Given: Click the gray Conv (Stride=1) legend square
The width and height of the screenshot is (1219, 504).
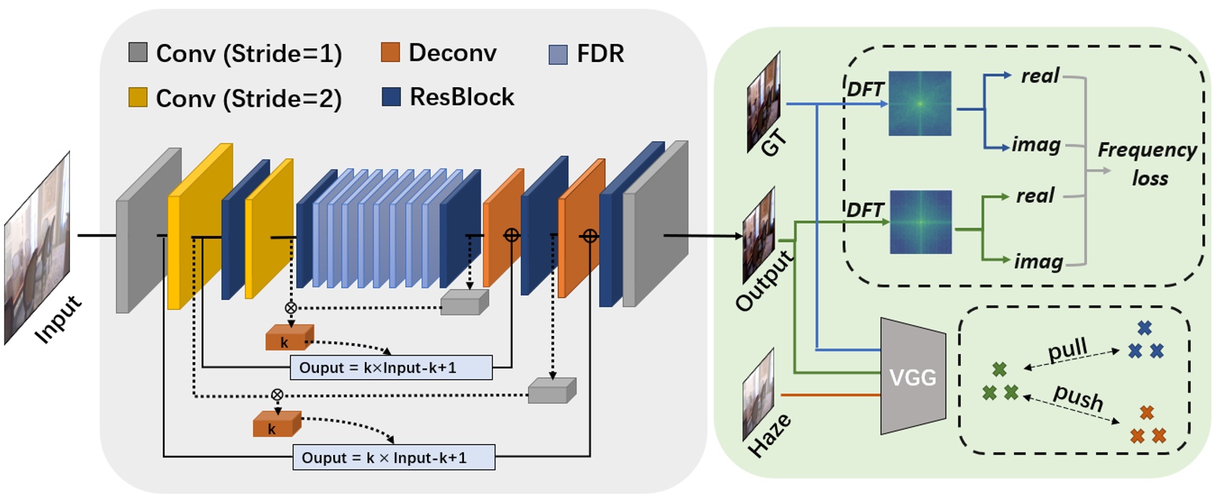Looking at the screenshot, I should (x=138, y=52).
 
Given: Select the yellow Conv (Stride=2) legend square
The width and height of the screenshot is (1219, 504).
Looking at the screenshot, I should (x=138, y=97).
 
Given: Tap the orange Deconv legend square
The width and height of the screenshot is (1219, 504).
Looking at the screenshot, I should (x=390, y=52).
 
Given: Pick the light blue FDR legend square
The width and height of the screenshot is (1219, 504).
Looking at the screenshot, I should (x=558, y=54).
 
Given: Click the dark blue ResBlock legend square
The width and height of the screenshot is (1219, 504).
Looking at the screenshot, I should (x=391, y=97).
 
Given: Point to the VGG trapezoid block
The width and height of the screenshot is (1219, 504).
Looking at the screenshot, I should (x=912, y=376).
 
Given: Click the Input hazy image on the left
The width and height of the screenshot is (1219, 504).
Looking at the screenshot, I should (x=38, y=247).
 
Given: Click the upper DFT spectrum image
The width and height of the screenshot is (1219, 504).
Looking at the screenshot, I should (x=920, y=103).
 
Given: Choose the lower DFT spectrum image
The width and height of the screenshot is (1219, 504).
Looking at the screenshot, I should (x=920, y=222).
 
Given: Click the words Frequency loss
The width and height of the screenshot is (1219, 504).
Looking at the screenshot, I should (x=1148, y=164).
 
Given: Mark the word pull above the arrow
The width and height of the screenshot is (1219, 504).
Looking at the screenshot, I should (x=1067, y=350).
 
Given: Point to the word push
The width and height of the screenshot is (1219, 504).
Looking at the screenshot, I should (x=1078, y=397).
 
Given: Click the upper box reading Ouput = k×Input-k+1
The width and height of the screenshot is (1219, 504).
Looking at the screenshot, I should (x=391, y=368).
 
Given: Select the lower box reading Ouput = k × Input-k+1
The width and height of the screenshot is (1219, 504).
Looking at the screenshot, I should (x=394, y=458).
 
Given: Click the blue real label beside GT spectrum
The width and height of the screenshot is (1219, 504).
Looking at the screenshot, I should (x=1039, y=76).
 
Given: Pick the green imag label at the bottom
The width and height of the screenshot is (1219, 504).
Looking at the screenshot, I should (x=1038, y=261).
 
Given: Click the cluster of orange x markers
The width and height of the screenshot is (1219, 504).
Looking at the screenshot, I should (x=1147, y=426).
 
